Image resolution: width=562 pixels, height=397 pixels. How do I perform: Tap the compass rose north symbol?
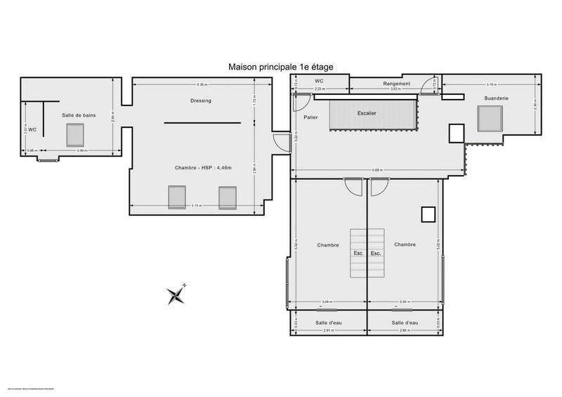click(175, 296)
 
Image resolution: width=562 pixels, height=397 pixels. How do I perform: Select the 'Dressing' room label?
click(200, 100)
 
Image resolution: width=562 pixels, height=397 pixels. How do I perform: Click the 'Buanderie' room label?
click(496, 98)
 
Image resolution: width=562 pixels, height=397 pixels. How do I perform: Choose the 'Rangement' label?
click(397, 84)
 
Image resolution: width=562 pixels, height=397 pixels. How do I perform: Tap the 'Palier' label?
click(312, 117)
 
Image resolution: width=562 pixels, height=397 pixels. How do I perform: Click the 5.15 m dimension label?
click(198, 205)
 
